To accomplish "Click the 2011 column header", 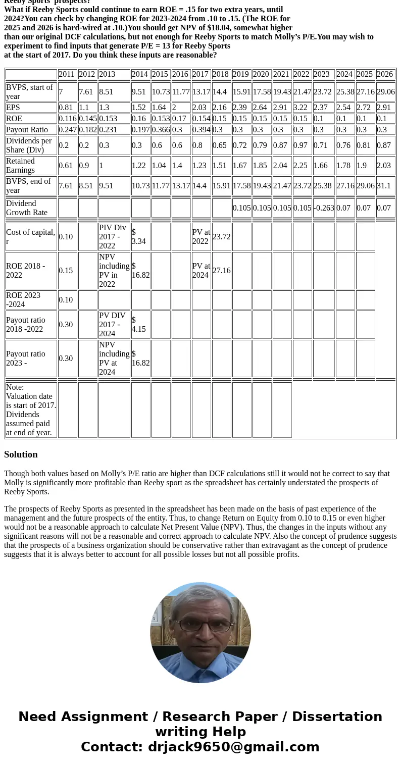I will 67,74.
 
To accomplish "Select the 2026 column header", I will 385,74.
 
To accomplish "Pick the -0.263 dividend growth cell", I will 324,208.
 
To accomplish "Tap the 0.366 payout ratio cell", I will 161,130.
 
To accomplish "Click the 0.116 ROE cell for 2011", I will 67,119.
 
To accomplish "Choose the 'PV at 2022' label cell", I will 201,237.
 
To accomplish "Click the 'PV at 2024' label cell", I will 201,271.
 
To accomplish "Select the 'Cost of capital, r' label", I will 30,237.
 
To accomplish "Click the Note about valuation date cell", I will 31,409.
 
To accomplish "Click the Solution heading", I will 21,454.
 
